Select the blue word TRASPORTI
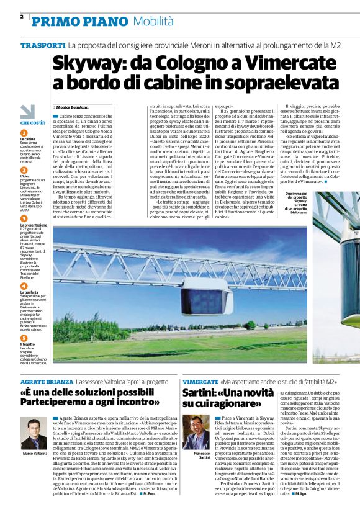click(x=43, y=47)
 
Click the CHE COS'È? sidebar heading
click(x=32, y=123)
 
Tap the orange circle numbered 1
click(x=24, y=133)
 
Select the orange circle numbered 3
click(x=24, y=218)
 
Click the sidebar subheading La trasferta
click(x=30, y=292)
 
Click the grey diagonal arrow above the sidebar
click(x=28, y=112)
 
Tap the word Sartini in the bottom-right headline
click(x=203, y=394)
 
